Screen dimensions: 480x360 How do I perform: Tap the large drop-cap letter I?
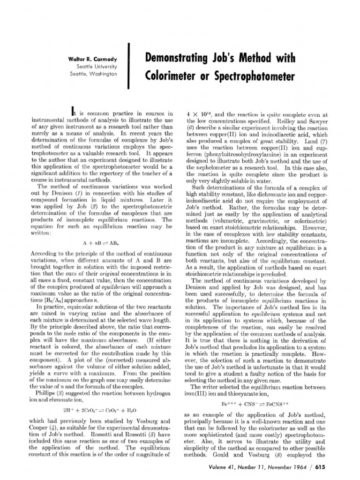point(72,112)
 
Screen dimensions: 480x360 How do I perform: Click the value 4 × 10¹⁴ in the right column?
point(198,113)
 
